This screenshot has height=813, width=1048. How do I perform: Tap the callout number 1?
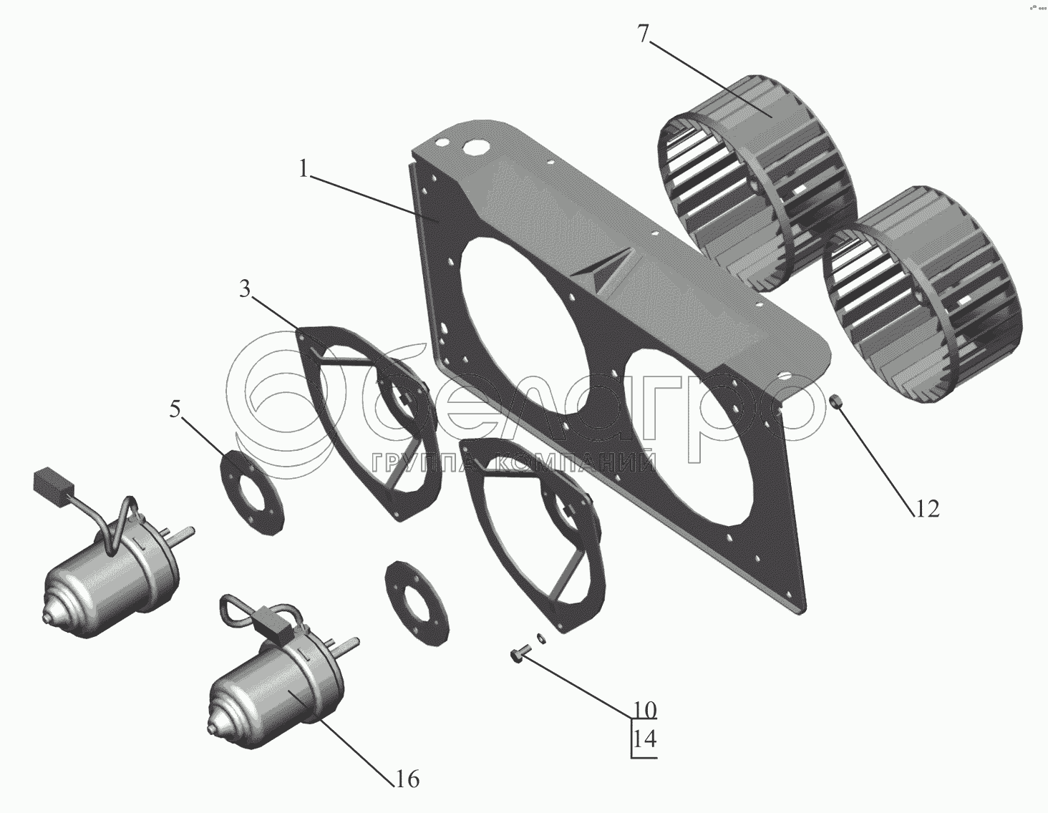tap(304, 169)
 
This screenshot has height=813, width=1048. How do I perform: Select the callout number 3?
tap(245, 290)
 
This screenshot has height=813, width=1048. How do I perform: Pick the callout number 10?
tap(644, 711)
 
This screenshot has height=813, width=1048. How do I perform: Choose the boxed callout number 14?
tap(645, 739)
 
